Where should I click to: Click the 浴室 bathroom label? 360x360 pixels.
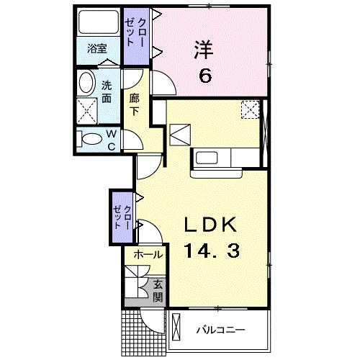point(97,50)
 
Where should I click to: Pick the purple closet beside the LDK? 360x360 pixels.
point(121,215)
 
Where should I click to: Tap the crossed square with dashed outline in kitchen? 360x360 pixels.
point(249,109)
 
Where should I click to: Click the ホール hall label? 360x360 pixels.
point(148,254)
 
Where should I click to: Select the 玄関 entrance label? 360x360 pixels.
point(157,291)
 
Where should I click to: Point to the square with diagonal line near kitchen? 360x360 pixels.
point(180,134)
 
